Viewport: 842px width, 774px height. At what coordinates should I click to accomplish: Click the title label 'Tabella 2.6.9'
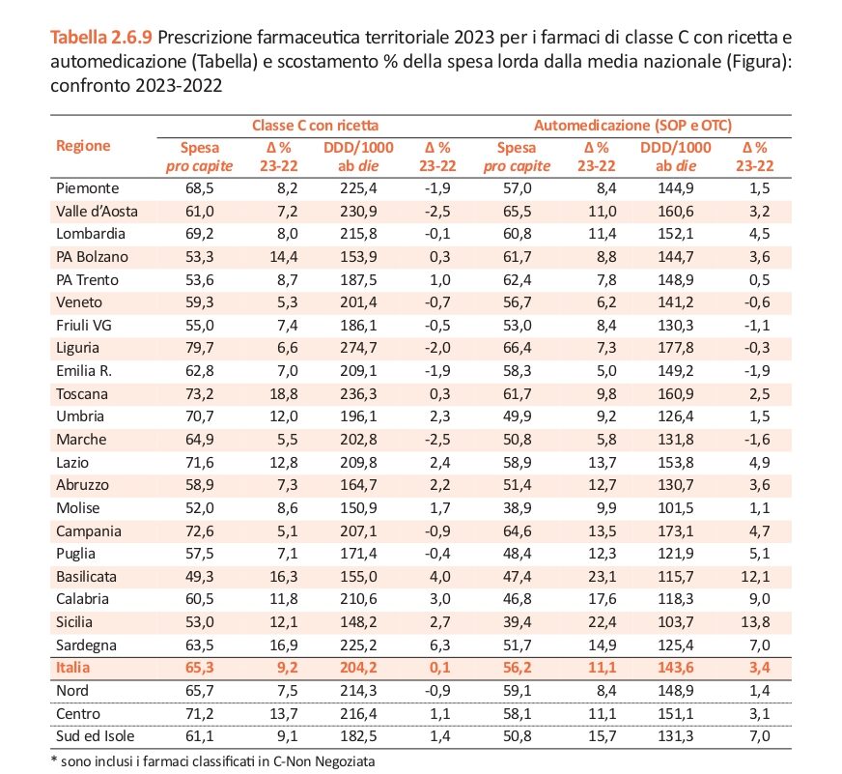pyautogui.click(x=101, y=38)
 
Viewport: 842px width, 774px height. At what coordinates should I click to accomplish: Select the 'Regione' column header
pyautogui.click(x=83, y=146)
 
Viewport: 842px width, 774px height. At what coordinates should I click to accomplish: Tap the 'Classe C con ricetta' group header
pyautogui.click(x=315, y=126)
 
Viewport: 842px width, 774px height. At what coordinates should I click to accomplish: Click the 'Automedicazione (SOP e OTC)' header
pyautogui.click(x=633, y=126)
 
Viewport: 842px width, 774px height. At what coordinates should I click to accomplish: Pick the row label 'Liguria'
pyautogui.click(x=77, y=348)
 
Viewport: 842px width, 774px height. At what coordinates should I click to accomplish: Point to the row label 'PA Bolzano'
pyautogui.click(x=92, y=257)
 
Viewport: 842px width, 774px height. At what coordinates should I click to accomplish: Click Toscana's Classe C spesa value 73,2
pyautogui.click(x=200, y=394)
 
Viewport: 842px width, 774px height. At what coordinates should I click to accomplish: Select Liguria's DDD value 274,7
pyautogui.click(x=358, y=348)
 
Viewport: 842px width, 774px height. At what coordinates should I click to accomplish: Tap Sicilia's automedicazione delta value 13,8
pyautogui.click(x=755, y=622)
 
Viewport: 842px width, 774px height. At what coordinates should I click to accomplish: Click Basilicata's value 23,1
pyautogui.click(x=602, y=577)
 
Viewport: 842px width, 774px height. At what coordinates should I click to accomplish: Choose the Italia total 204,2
pyautogui.click(x=358, y=668)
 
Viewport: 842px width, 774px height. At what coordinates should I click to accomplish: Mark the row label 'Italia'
pyautogui.click(x=73, y=668)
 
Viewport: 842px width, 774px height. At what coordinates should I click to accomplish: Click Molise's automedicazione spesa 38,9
pyautogui.click(x=518, y=508)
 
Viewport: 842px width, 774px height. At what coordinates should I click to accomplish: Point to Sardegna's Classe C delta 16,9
pyautogui.click(x=284, y=645)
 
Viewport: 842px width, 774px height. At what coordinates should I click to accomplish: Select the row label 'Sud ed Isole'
pyautogui.click(x=95, y=736)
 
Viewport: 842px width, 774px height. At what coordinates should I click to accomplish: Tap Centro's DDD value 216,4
pyautogui.click(x=358, y=713)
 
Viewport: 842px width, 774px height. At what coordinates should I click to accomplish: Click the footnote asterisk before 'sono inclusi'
pyautogui.click(x=54, y=760)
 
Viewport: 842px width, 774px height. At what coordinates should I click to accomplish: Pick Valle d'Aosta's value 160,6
pyautogui.click(x=676, y=212)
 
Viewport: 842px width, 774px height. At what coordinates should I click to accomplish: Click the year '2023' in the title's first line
pyautogui.click(x=474, y=38)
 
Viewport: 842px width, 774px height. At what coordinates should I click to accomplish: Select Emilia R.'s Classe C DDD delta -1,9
pyautogui.click(x=437, y=371)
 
